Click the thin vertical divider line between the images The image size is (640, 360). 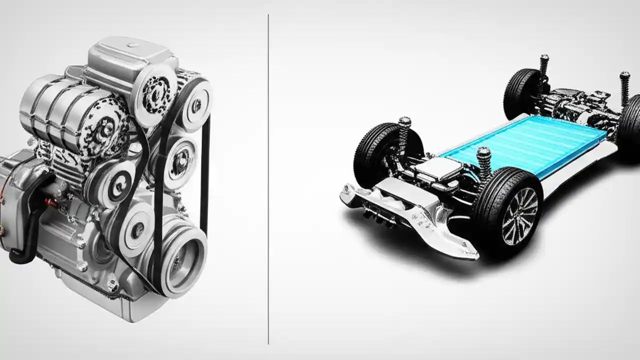click(x=268, y=180)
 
